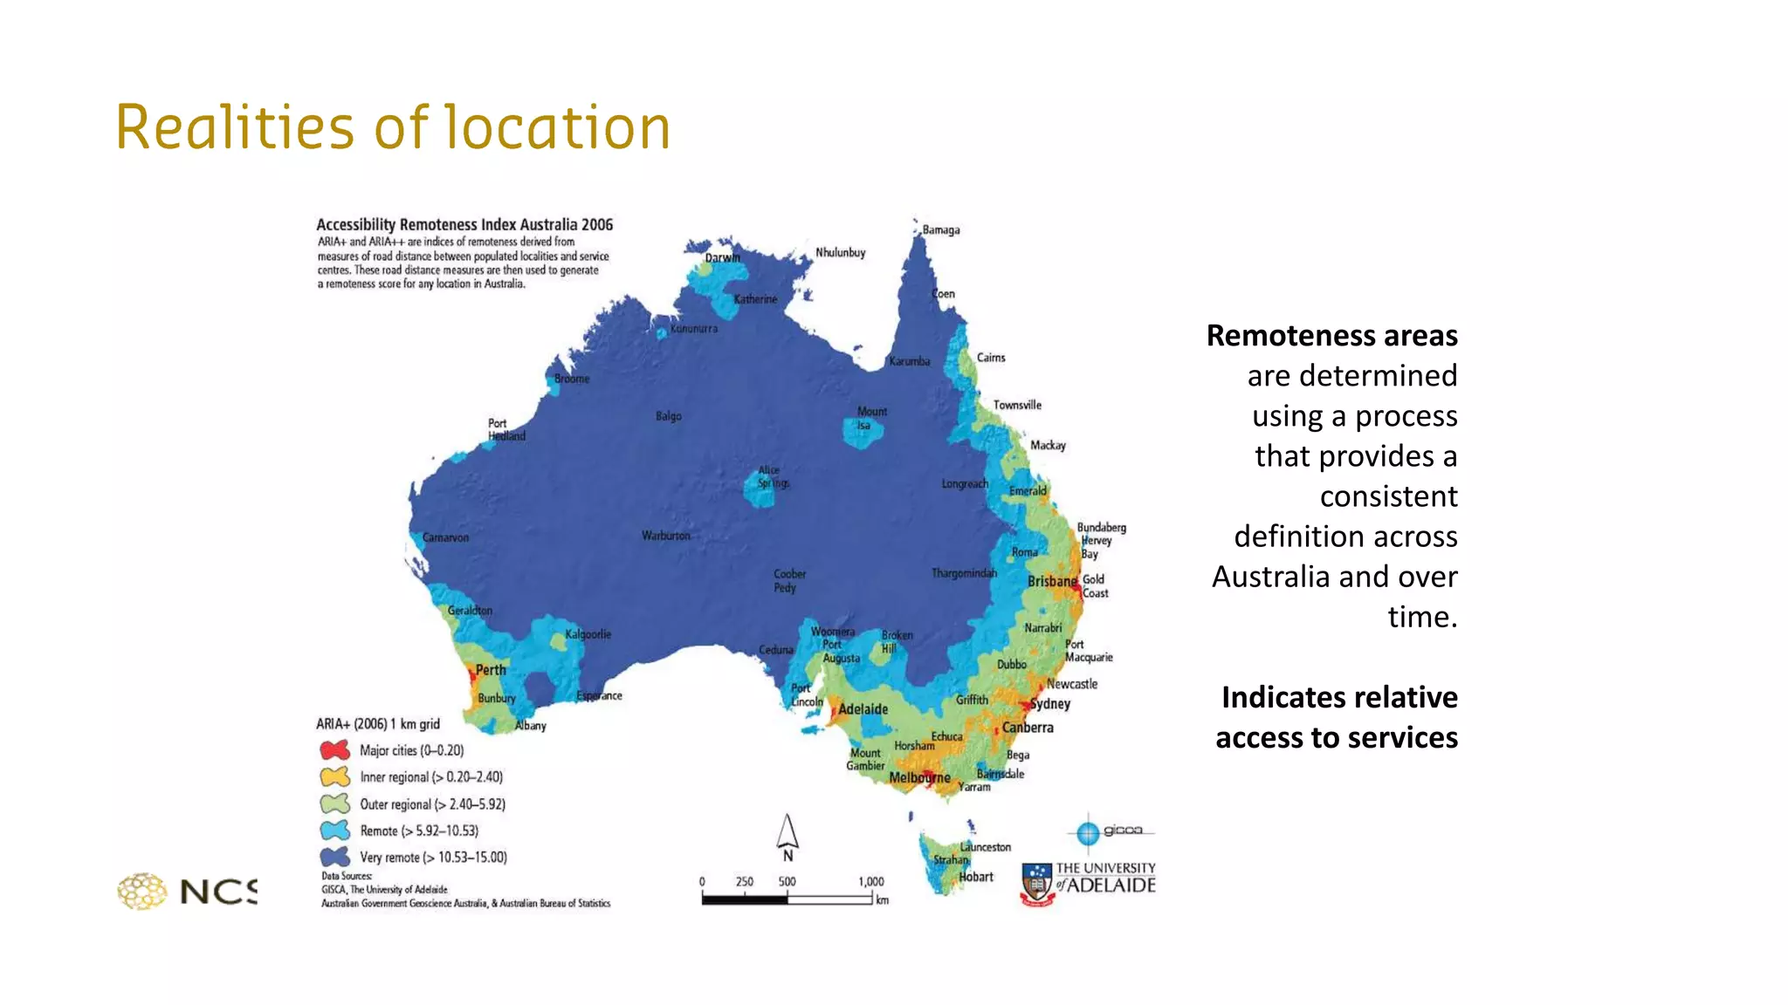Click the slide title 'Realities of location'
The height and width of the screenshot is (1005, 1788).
393,127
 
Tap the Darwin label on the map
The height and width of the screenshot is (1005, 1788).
722,257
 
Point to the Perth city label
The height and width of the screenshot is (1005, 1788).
491,670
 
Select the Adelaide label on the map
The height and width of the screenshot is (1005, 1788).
863,709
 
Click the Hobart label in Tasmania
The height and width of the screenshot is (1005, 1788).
976,877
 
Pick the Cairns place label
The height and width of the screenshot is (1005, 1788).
991,358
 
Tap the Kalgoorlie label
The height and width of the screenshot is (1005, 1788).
588,634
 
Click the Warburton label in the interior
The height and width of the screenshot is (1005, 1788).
666,536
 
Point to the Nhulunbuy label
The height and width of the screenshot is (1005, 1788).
840,253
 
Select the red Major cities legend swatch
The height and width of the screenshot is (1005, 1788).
335,750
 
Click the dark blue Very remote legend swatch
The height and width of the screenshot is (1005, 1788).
335,857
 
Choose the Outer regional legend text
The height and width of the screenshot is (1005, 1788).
432,804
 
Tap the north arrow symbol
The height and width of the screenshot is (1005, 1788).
787,833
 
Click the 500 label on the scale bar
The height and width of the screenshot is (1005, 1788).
787,882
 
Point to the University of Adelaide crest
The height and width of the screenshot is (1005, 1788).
1037,885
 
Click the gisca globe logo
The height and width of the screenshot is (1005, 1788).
1088,833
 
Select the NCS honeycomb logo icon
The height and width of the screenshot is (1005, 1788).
142,891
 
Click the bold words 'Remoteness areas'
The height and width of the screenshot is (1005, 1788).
1331,336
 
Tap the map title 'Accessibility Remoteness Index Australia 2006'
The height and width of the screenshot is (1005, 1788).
464,225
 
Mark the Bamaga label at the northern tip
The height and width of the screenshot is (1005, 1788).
941,230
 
